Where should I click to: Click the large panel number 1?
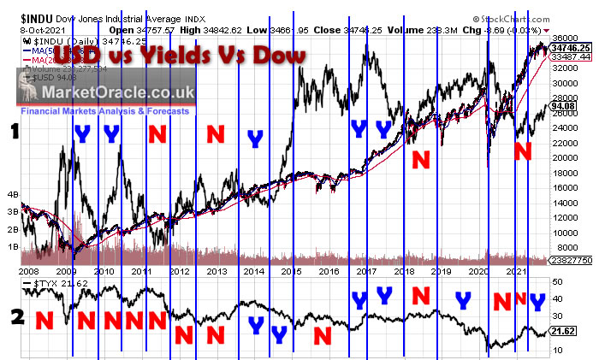[14, 133]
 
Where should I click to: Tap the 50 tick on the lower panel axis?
[558, 281]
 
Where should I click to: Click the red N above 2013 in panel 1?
[216, 133]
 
